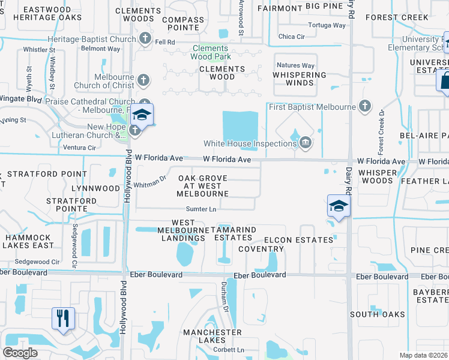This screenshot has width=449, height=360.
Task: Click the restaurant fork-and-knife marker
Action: coord(63,318)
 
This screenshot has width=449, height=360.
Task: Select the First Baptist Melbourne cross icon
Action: coord(364,107)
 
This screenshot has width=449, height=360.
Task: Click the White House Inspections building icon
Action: coord(306,142)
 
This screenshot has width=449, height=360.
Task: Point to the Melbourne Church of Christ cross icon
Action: coord(143,79)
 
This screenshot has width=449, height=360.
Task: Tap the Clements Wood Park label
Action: coord(210,53)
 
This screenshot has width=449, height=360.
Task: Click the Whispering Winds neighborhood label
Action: coord(300,79)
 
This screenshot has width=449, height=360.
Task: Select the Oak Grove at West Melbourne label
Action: coord(203,186)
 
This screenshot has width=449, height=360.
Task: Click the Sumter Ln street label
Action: coord(200,209)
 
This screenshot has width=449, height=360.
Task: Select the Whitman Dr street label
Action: coord(149,182)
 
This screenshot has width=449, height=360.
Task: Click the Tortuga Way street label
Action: coord(327,25)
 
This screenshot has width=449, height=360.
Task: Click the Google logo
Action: coord(20,353)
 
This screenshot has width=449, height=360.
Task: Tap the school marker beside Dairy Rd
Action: coord(339,206)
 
